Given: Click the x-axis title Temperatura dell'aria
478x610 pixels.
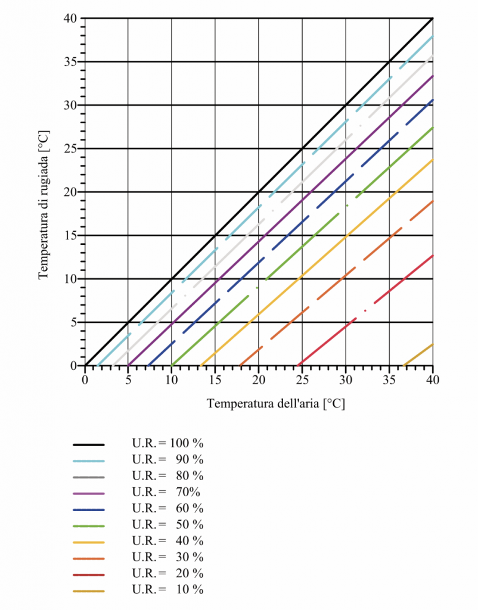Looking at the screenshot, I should (x=276, y=404).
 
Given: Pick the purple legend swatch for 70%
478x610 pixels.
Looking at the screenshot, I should (x=89, y=493).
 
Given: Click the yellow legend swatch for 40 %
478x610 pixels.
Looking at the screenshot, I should (x=89, y=541).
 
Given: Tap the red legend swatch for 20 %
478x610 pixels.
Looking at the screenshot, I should (x=89, y=574).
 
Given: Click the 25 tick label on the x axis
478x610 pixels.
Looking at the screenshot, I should (x=302, y=379).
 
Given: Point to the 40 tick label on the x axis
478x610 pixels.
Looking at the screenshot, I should (x=433, y=379).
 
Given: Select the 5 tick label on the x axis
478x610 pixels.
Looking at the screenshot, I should (x=128, y=379).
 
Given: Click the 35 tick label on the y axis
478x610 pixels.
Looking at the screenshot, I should (x=70, y=62).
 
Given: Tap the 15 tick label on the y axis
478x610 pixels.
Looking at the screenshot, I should (x=70, y=235).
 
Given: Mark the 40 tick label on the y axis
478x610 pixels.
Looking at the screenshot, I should (x=70, y=18).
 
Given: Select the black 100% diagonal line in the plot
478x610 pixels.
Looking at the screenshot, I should (x=259, y=191).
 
